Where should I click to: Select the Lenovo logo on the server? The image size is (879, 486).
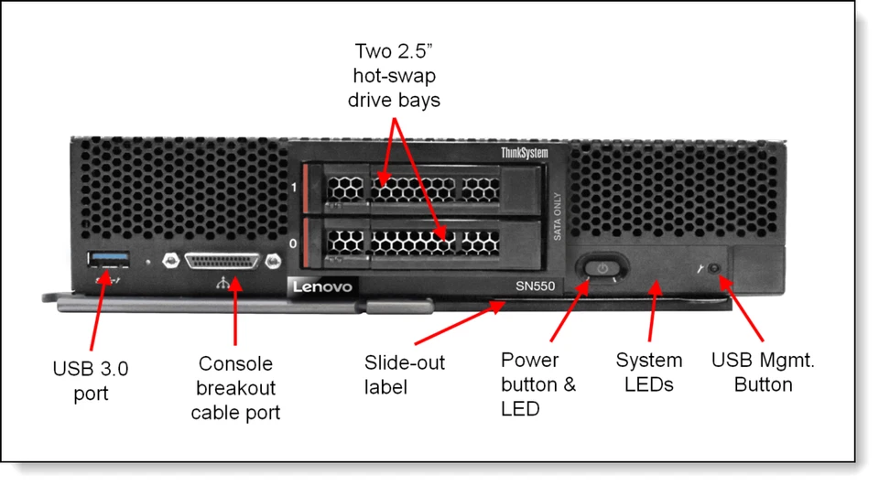pyautogui.click(x=321, y=287)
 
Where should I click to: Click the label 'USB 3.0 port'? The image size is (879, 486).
pyautogui.click(x=90, y=381)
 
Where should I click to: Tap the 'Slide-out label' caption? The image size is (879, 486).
pyautogui.click(x=404, y=374)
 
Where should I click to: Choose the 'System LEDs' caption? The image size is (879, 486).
pyautogui.click(x=648, y=372)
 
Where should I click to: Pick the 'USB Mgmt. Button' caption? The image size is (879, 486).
pyautogui.click(x=763, y=372)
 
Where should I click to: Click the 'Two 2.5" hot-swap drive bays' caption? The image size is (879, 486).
pyautogui.click(x=397, y=73)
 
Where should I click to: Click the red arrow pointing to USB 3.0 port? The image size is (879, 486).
pyautogui.click(x=98, y=311)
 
